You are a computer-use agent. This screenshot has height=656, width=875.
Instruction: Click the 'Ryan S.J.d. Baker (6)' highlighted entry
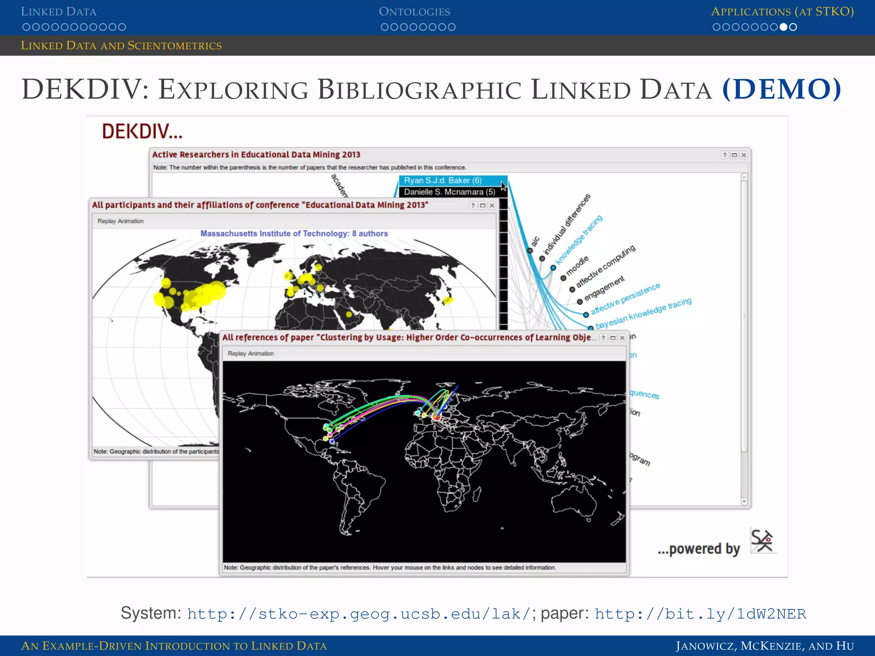(443, 181)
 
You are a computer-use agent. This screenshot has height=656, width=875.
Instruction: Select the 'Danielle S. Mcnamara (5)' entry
(449, 192)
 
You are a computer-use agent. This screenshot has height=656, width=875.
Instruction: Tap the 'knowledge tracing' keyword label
(579, 240)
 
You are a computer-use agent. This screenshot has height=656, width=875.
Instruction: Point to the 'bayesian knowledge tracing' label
(643, 313)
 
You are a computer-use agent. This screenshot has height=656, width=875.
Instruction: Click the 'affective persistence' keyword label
(625, 299)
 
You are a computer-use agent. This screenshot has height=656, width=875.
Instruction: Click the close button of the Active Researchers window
(744, 155)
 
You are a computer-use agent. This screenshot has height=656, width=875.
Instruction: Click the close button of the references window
(622, 338)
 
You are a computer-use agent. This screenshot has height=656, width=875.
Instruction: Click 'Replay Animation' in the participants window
(120, 221)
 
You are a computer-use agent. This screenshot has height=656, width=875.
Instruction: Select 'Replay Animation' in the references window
(251, 354)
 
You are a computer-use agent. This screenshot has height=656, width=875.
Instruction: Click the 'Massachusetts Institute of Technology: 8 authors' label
(294, 234)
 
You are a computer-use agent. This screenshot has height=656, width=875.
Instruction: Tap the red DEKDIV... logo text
(142, 131)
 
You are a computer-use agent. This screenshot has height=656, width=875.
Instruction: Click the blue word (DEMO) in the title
(781, 89)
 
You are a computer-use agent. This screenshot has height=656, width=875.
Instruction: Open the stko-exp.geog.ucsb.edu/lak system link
(358, 614)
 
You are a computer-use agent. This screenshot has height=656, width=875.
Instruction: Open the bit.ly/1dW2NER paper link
(700, 614)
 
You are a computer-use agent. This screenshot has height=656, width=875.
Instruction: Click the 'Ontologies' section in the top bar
(414, 12)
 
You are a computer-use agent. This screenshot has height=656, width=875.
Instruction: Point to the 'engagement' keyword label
(604, 287)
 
